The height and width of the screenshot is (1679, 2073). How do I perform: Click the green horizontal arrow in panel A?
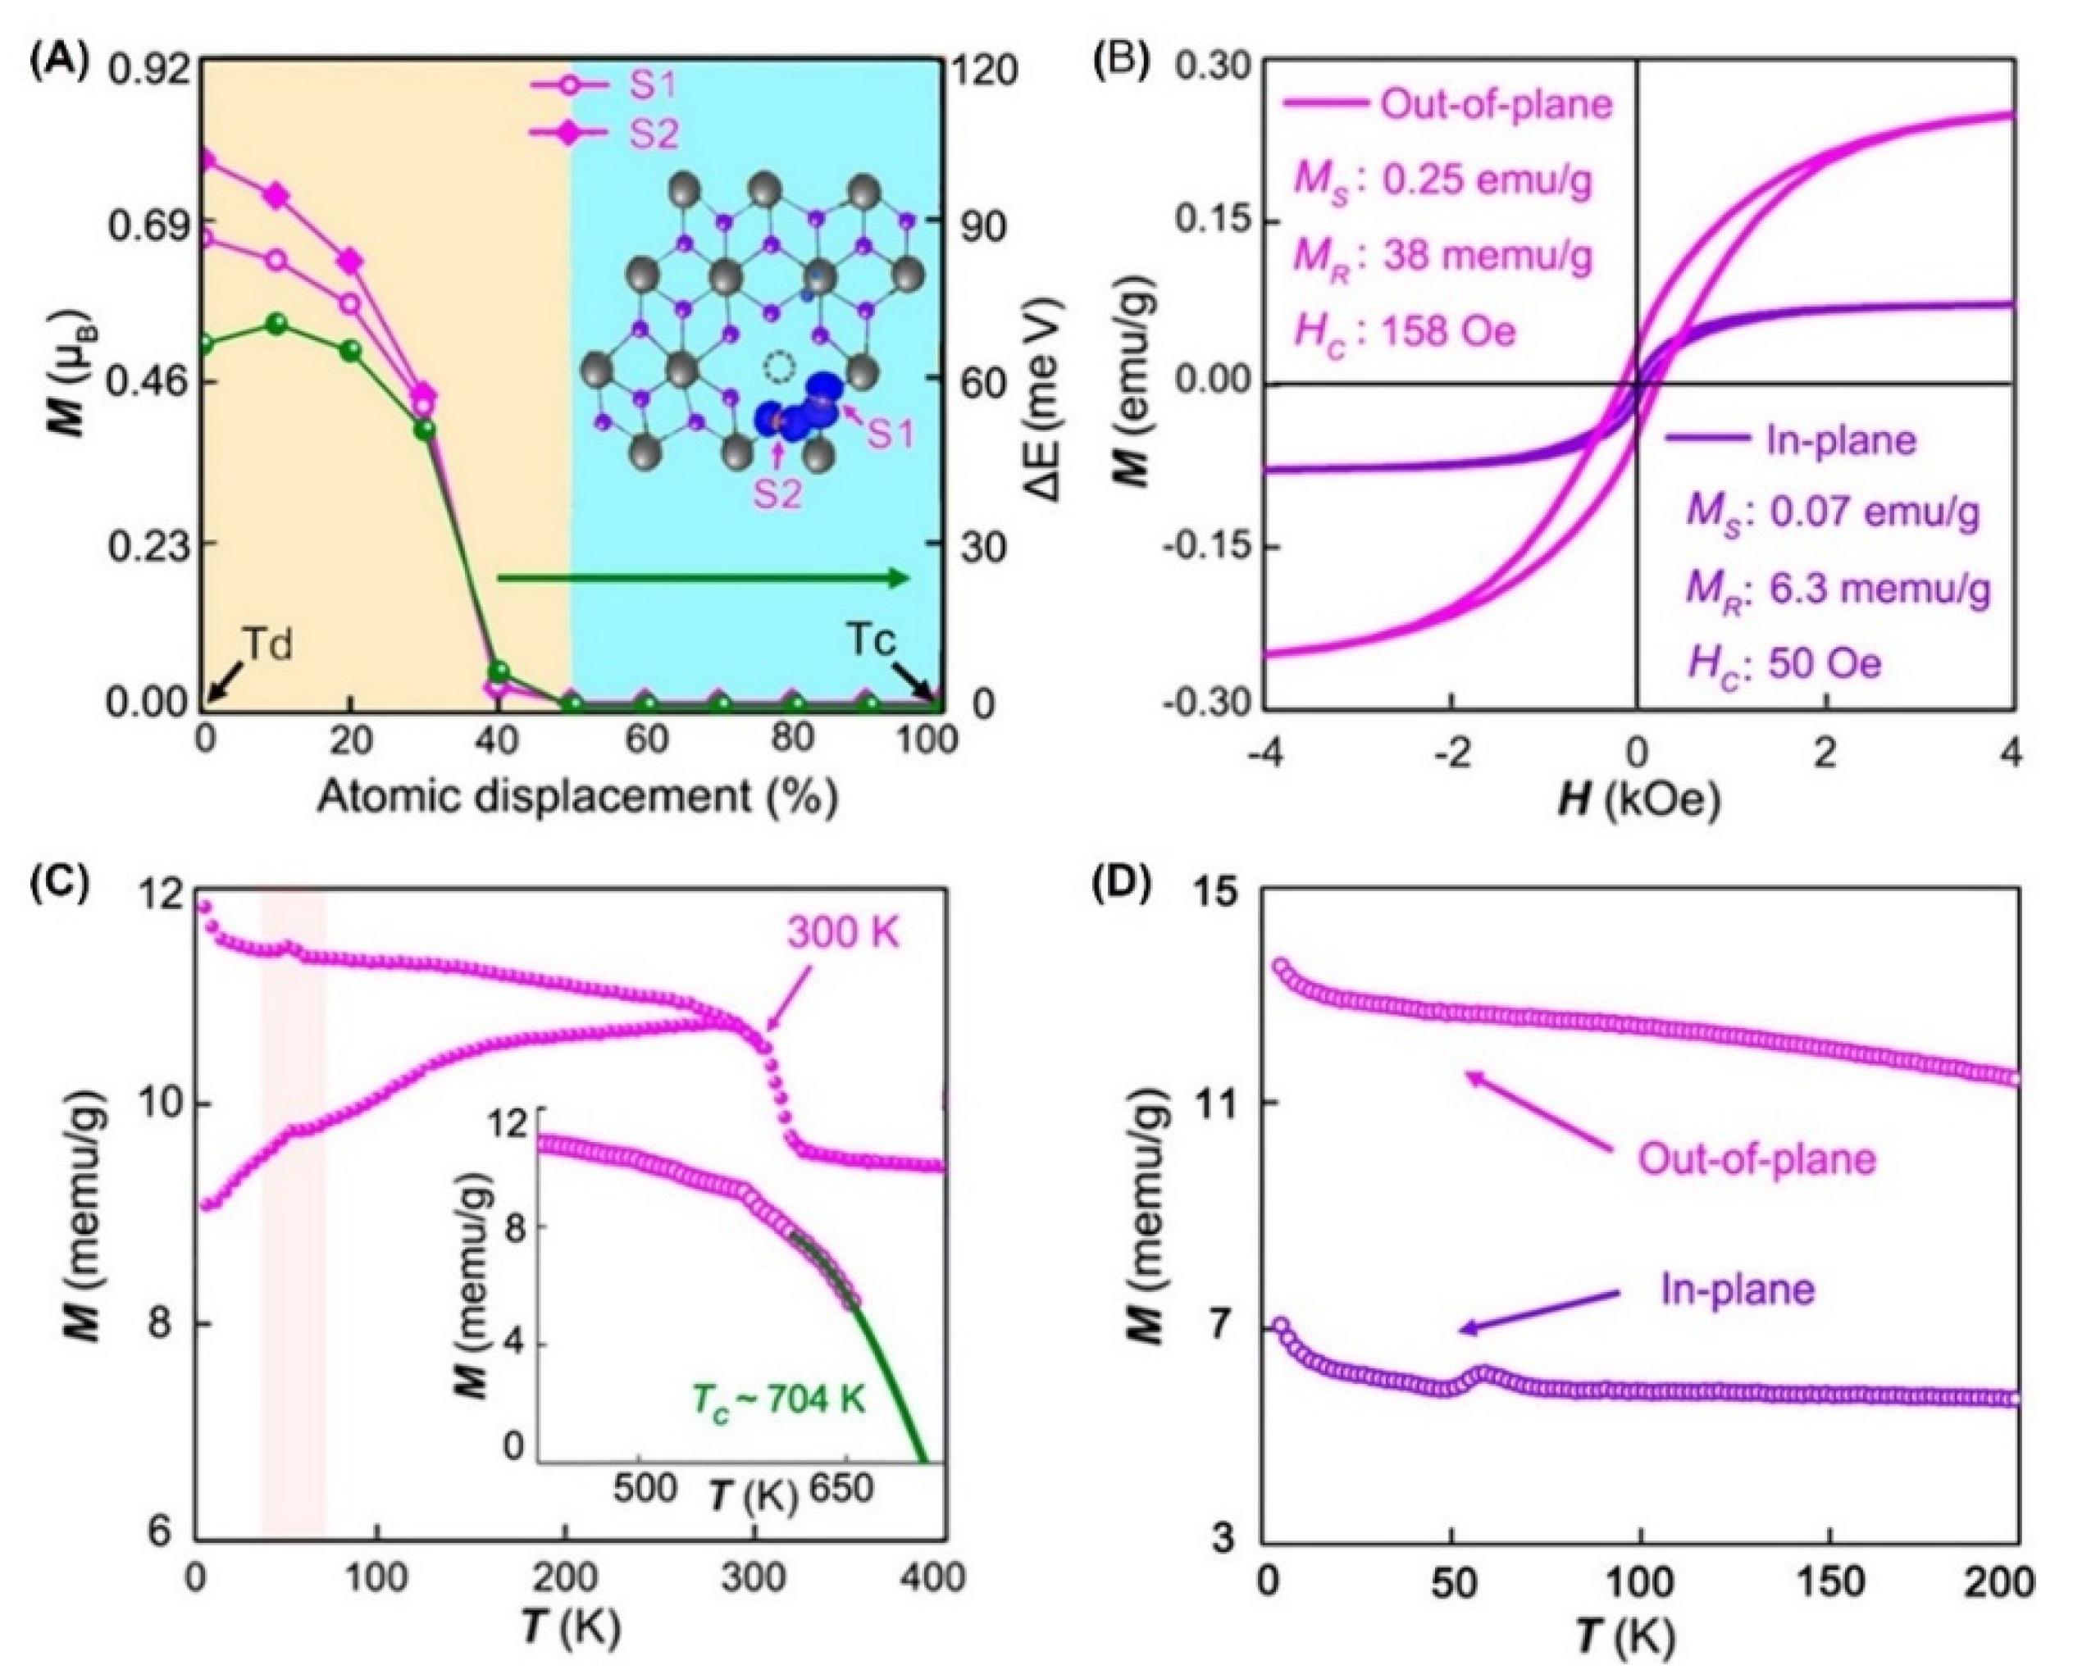[x=704, y=578]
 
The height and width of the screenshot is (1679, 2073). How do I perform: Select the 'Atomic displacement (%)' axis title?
[x=576, y=798]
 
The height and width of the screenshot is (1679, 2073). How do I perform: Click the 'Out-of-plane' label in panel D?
[x=1756, y=1158]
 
